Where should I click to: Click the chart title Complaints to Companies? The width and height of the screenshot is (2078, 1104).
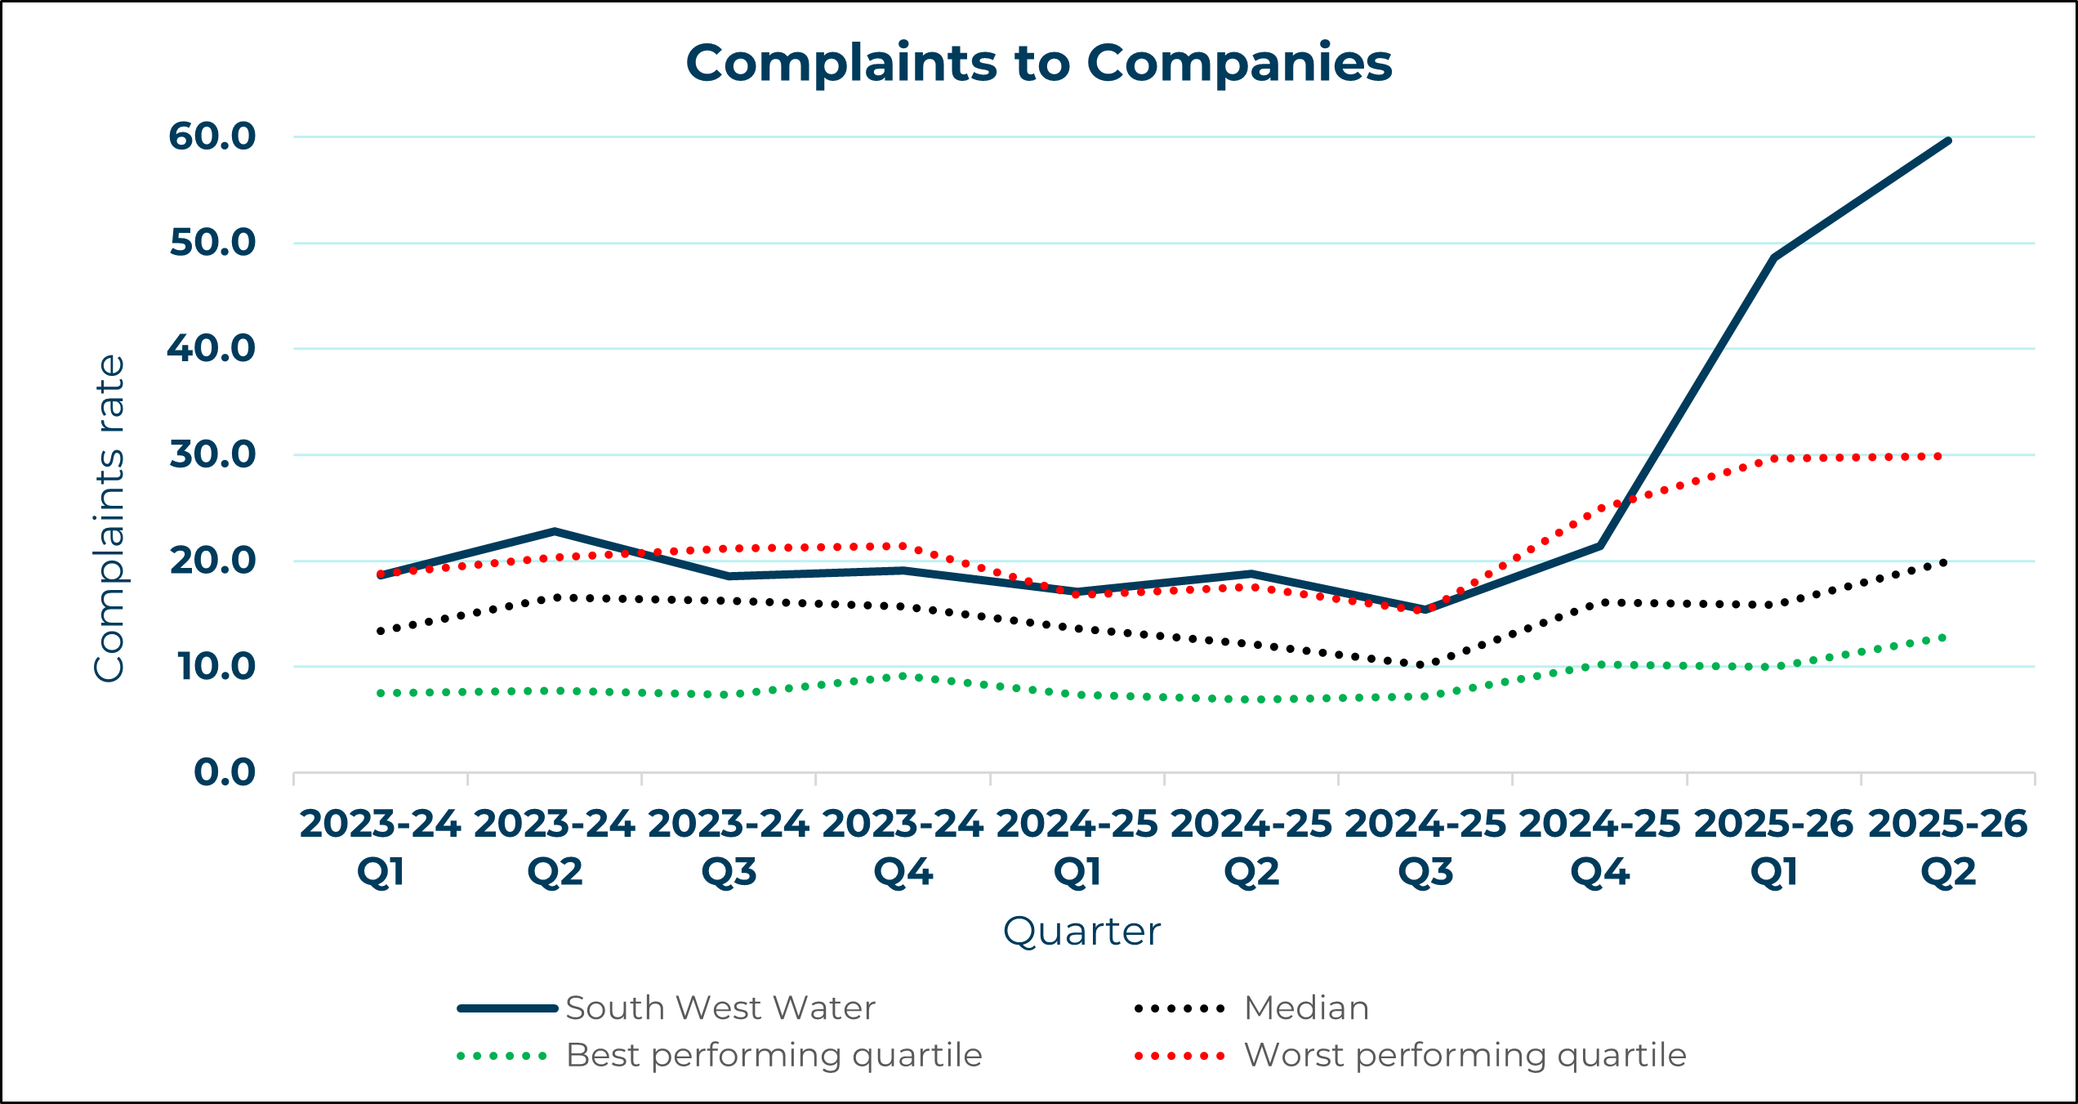click(x=1038, y=63)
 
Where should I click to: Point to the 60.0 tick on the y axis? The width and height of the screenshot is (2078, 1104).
click(x=212, y=136)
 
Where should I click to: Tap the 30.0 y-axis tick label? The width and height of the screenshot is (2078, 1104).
click(x=212, y=454)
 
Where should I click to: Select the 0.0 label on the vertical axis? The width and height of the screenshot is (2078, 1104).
click(x=225, y=772)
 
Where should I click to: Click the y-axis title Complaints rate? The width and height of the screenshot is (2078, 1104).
click(x=109, y=518)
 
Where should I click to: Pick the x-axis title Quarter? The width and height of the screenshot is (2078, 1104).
click(x=1081, y=932)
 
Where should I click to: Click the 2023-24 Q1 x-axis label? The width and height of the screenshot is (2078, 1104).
click(x=381, y=847)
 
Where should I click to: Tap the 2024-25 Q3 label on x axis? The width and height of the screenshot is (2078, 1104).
click(x=1425, y=847)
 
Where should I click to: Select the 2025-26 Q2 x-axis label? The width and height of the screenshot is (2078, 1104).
click(x=1948, y=847)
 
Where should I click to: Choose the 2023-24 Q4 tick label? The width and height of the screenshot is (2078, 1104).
click(x=903, y=847)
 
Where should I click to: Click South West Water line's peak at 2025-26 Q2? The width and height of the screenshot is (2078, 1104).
click(x=1948, y=141)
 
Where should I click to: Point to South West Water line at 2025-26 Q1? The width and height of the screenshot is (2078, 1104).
click(x=1774, y=258)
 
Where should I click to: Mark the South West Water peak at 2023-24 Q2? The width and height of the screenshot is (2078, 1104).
click(x=555, y=531)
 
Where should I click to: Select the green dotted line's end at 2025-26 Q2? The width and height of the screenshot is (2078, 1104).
click(x=1943, y=637)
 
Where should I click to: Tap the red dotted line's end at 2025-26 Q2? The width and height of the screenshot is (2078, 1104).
click(x=1939, y=456)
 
